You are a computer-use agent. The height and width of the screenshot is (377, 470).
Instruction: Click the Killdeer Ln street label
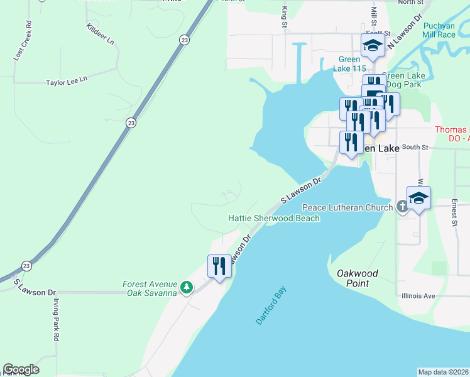point(101,35)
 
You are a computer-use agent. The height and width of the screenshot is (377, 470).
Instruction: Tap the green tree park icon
point(186,288)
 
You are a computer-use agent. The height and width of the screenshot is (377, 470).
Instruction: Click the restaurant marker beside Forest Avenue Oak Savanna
point(219,266)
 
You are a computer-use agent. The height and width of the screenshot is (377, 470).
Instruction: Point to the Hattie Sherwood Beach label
point(273,218)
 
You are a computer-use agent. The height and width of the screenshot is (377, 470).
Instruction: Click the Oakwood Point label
point(358,278)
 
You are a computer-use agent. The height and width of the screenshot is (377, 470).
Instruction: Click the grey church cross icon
point(402,207)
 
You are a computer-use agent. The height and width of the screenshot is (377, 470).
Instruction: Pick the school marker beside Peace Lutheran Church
point(418,199)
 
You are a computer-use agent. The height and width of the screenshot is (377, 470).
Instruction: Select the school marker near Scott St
point(372,45)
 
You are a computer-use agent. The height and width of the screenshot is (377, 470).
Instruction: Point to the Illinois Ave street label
point(418,295)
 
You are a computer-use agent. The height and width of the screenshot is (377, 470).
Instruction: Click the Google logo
point(21,369)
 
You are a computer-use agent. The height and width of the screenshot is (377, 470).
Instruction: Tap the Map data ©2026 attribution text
point(444,372)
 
